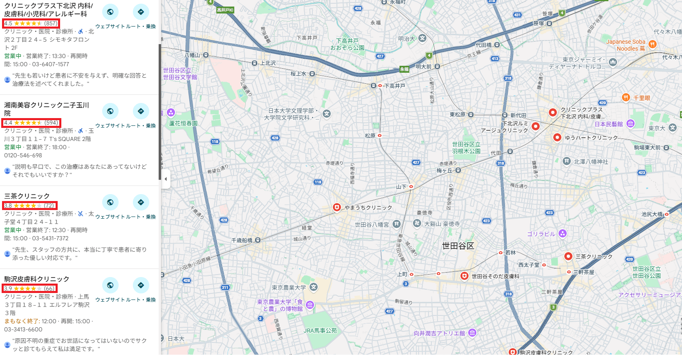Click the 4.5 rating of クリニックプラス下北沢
tap(8, 23)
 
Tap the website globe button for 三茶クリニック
tap(110, 202)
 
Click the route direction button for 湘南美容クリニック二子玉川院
tap(141, 111)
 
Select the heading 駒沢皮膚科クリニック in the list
tap(37, 279)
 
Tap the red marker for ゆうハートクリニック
tap(557, 138)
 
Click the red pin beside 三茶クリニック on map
tap(568, 256)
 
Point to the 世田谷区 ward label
tap(458, 246)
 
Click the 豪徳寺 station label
tap(424, 212)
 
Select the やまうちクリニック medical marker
tap(337, 208)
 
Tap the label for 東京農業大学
tap(289, 288)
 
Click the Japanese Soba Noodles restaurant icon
tap(652, 44)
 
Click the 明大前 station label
tap(423, 67)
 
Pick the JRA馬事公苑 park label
tap(320, 331)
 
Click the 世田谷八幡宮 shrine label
tap(372, 224)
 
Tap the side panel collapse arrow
tap(166, 179)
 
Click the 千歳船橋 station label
tap(242, 240)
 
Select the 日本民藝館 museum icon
tap(630, 124)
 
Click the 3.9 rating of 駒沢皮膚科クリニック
tap(8, 288)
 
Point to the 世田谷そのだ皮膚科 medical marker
tap(464, 276)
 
